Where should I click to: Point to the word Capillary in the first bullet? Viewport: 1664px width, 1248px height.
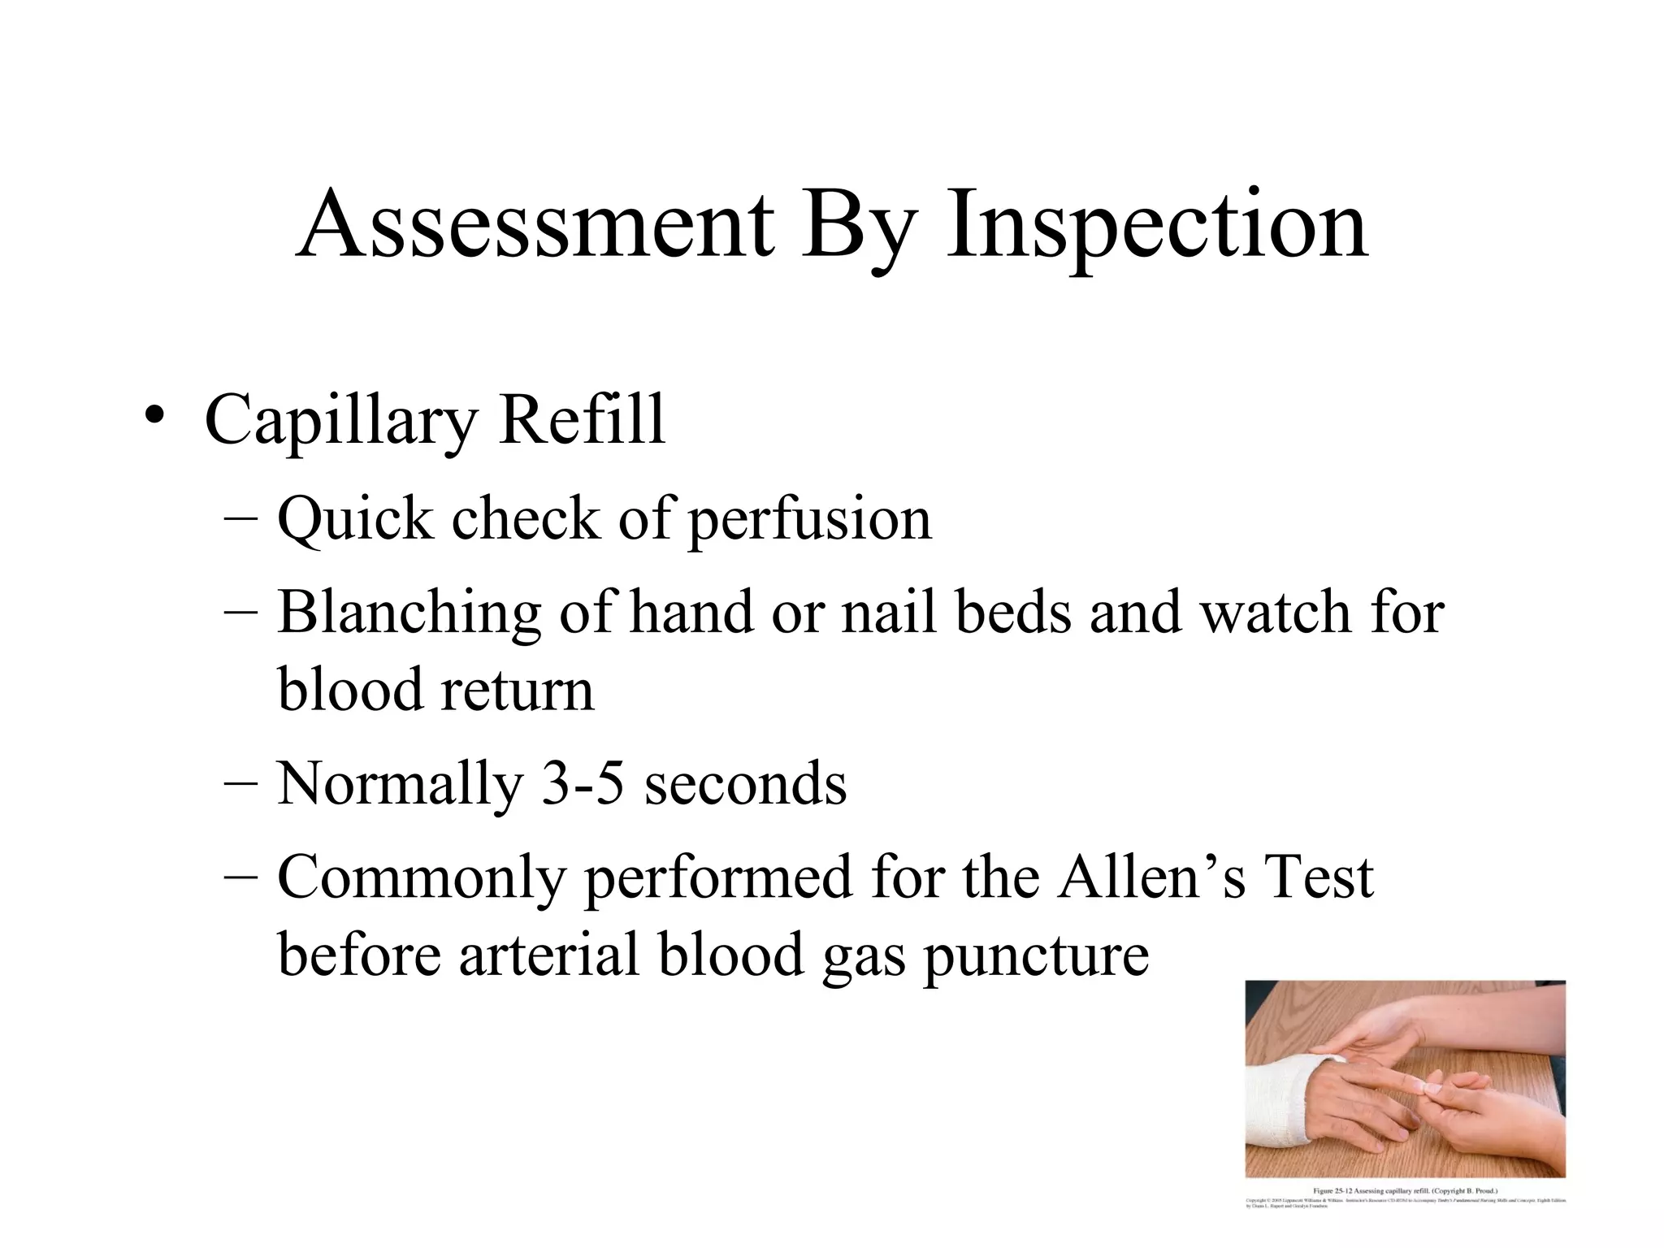click(x=342, y=421)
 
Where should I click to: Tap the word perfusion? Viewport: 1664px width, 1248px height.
click(x=810, y=520)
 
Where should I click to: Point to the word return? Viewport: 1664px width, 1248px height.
click(x=518, y=690)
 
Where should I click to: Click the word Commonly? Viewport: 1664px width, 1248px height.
click(x=421, y=877)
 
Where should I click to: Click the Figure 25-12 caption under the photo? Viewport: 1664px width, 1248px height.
click(x=1406, y=1190)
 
